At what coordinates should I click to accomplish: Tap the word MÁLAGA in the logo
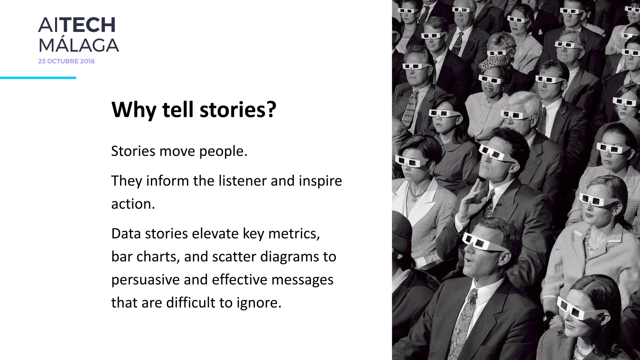coord(78,46)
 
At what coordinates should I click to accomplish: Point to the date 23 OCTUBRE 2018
coord(66,61)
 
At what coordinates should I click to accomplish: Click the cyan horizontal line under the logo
coord(38,78)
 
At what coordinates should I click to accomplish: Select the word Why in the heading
coord(133,110)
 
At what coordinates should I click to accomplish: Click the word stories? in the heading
coord(238,110)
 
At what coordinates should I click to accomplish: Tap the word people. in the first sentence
coord(223,152)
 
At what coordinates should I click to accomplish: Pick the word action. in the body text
coord(133,204)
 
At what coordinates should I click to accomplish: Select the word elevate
coord(215,234)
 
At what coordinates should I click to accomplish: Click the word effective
coord(239,280)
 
